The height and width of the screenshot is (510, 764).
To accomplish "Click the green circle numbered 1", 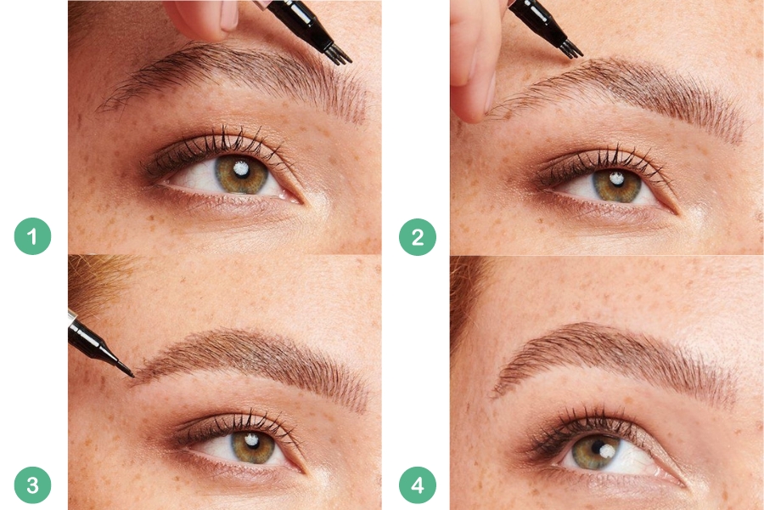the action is (32, 236).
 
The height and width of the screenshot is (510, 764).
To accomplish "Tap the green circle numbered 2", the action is (418, 237).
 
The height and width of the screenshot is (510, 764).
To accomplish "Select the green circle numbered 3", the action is (32, 485).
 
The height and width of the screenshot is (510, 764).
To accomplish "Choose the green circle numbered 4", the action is (418, 485).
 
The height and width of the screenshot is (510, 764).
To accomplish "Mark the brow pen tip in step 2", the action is (572, 49).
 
